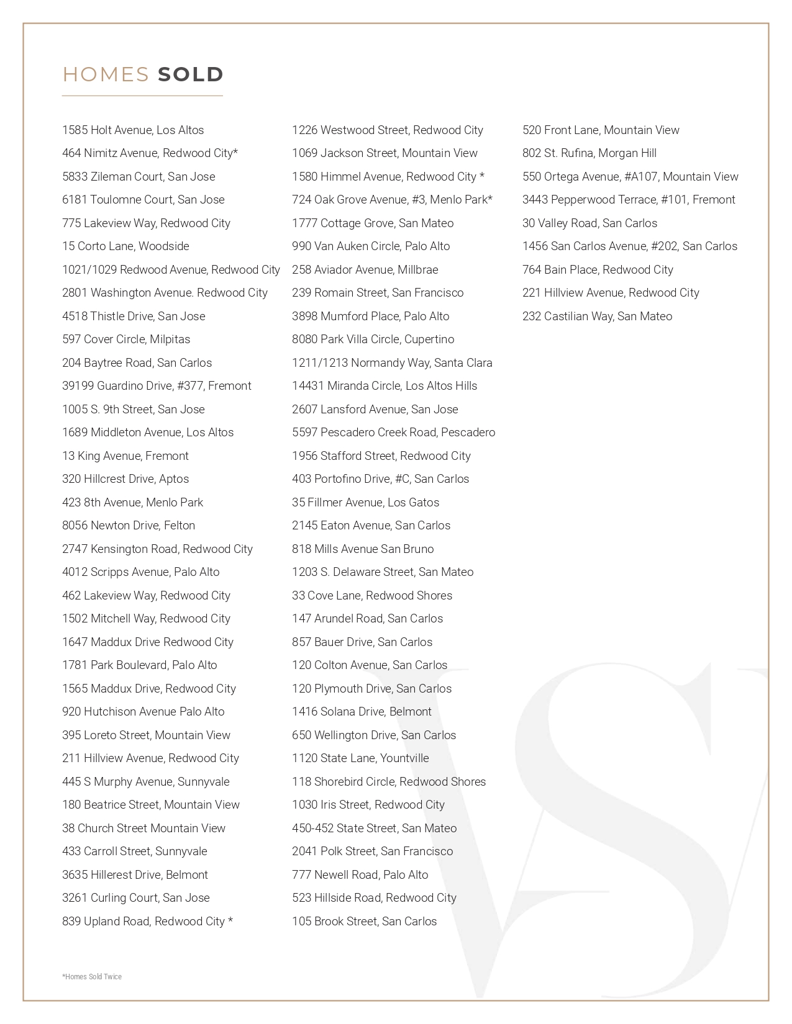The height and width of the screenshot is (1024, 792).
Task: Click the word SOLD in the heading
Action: [191, 74]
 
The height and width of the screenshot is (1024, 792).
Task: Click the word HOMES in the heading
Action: [106, 74]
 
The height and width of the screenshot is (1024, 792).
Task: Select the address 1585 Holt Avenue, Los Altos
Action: [133, 130]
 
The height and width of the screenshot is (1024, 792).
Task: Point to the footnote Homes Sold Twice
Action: [92, 977]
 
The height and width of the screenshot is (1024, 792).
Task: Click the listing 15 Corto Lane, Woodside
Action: [125, 246]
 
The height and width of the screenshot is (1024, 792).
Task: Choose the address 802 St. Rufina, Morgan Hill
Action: [589, 153]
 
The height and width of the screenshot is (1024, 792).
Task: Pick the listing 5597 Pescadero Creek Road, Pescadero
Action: [393, 433]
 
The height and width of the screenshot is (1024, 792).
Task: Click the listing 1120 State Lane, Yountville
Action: [360, 758]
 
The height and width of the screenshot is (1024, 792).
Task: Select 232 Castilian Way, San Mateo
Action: [597, 317]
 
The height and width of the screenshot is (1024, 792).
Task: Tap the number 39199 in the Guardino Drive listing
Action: [78, 386]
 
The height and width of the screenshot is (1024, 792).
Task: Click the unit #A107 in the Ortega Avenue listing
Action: [640, 177]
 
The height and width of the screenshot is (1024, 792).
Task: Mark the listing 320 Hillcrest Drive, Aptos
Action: [125, 479]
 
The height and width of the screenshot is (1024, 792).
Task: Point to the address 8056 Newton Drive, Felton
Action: [129, 526]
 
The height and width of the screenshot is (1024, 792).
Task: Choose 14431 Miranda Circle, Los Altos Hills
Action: [385, 386]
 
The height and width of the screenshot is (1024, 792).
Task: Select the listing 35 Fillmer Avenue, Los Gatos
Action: [365, 503]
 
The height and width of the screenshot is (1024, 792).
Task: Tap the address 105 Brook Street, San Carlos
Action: [364, 922]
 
